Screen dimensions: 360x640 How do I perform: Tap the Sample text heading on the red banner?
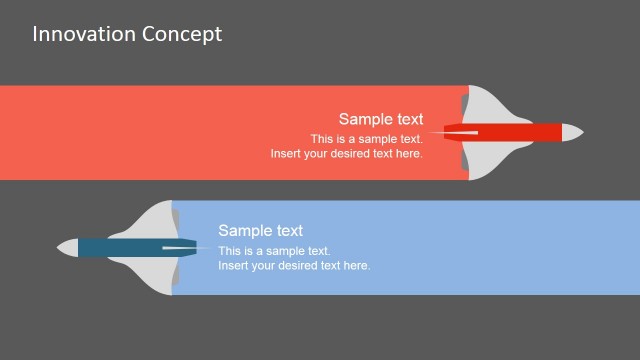[x=380, y=119]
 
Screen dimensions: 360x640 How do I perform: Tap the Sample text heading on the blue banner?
[x=260, y=231]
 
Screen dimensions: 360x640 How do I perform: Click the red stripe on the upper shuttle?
[x=510, y=132]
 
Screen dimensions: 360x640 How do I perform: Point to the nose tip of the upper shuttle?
[x=581, y=132]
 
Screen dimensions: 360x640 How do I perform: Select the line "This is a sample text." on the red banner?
[x=366, y=139]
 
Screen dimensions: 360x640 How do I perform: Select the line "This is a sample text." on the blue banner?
[x=274, y=251]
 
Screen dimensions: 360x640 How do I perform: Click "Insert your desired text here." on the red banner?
[x=346, y=154]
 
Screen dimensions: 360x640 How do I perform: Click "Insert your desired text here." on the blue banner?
[x=294, y=266]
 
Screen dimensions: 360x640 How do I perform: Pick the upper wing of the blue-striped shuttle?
[x=156, y=219]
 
